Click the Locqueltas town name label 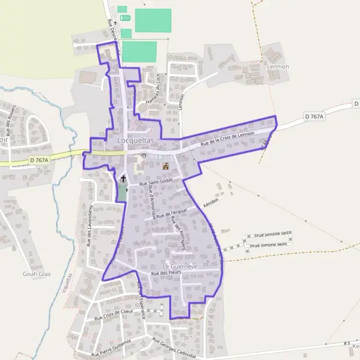(x=137, y=140)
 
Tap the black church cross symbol (x=124, y=178)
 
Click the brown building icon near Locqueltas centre (x=166, y=165)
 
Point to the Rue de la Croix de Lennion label (x=228, y=139)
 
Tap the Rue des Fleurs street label (x=166, y=274)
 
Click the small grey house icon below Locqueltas (x=143, y=155)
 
